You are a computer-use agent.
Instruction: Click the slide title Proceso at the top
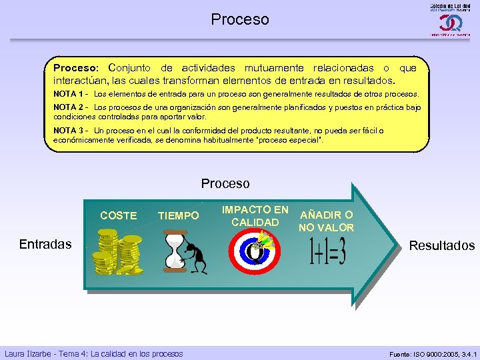240,19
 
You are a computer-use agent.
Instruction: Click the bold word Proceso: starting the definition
76,68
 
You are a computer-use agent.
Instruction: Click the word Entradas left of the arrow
45,244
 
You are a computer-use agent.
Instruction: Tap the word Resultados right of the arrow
441,245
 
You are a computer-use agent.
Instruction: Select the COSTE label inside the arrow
118,215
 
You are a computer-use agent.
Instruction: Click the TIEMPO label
178,215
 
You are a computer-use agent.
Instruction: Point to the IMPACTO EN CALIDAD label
254,215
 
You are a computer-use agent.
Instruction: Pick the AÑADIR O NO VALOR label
327,221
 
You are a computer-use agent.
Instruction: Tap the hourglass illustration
174,252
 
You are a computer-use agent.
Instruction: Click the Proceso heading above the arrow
225,183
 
